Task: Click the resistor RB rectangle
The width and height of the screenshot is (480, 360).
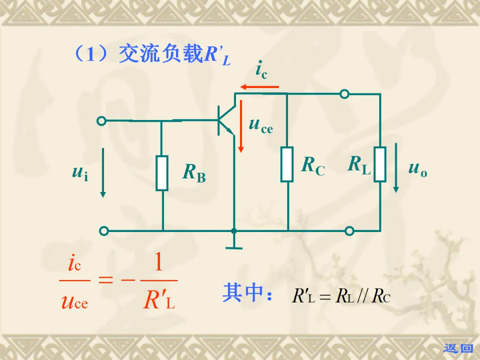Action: [x=162, y=173]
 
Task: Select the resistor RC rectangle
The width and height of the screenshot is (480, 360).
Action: [x=287, y=164]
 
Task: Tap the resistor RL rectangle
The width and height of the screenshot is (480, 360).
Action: [x=380, y=164]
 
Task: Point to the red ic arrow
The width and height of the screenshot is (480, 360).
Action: [x=260, y=87]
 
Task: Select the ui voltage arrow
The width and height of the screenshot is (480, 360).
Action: [x=103, y=173]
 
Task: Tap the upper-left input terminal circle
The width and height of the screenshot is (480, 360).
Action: [x=102, y=121]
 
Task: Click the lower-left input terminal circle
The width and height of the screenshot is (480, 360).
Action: [x=104, y=231]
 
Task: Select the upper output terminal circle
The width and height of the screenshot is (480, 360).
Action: [x=344, y=94]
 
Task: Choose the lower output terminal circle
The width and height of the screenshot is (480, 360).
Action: [x=349, y=231]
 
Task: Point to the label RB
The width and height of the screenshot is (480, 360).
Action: [x=194, y=173]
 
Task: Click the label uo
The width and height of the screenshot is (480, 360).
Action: [x=418, y=168]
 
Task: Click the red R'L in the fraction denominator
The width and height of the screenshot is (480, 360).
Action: [x=159, y=301]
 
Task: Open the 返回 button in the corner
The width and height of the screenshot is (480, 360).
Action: [x=459, y=348]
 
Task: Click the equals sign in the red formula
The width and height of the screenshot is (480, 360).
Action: [x=105, y=280]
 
